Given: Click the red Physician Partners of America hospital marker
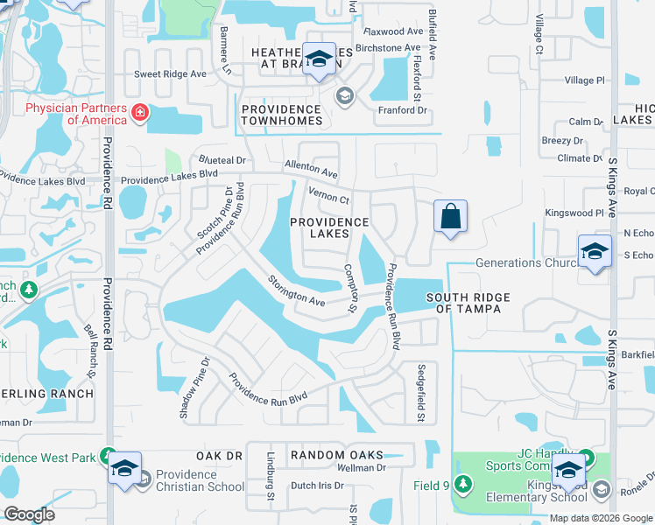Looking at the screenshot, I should click(139, 114).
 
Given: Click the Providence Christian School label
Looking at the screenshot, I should click(199, 480).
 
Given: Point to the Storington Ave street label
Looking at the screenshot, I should click(296, 292).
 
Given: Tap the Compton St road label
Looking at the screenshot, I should click(352, 288).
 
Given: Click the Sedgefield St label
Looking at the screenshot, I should click(421, 393).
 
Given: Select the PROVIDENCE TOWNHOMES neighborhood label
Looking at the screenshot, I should click(282, 120).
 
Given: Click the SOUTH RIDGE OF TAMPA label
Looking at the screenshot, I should click(468, 303).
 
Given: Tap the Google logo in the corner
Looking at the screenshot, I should click(29, 514).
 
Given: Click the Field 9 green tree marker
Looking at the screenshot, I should click(462, 485).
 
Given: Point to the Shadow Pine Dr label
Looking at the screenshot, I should click(195, 387).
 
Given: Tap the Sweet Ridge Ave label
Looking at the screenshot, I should click(170, 74).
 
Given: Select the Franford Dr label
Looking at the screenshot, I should click(401, 110).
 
